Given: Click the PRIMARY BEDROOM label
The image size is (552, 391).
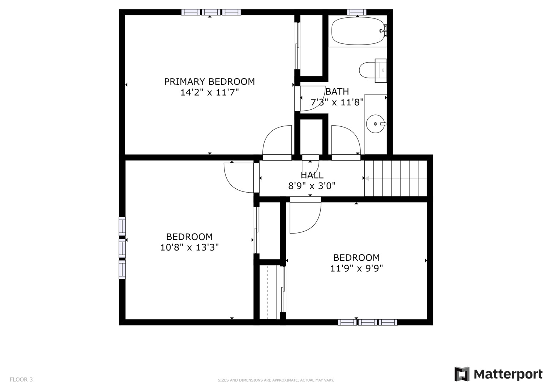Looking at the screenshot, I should [209, 81].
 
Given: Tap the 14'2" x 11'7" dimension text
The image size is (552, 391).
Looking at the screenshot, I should [209, 93].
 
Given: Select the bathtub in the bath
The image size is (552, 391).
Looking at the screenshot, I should [357, 31].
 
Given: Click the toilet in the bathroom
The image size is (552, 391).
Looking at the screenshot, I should [369, 70].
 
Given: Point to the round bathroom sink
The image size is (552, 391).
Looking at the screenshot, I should [375, 124].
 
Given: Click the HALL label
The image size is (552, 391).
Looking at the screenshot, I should [312, 176].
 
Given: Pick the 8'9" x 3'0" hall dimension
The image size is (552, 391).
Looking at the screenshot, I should [312, 186].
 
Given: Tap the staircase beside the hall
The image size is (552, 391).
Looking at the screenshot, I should [395, 178].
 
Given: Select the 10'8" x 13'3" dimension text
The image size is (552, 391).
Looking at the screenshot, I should [189, 248].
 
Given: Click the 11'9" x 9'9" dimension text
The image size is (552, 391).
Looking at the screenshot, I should [356, 268].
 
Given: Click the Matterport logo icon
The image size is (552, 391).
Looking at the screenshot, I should [462, 374].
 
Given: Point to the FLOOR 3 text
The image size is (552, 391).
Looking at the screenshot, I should [21, 379].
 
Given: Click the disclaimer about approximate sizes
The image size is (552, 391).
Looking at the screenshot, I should [275, 380].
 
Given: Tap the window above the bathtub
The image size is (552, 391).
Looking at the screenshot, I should [357, 12].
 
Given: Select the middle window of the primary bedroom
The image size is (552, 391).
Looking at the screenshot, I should [211, 12].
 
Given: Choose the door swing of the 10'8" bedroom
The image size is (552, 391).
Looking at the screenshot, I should [239, 177].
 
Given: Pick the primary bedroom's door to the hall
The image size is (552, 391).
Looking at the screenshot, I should [277, 141].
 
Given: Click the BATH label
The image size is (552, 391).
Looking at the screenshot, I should [337, 92].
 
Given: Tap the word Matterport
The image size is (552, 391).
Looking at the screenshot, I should [508, 374].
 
